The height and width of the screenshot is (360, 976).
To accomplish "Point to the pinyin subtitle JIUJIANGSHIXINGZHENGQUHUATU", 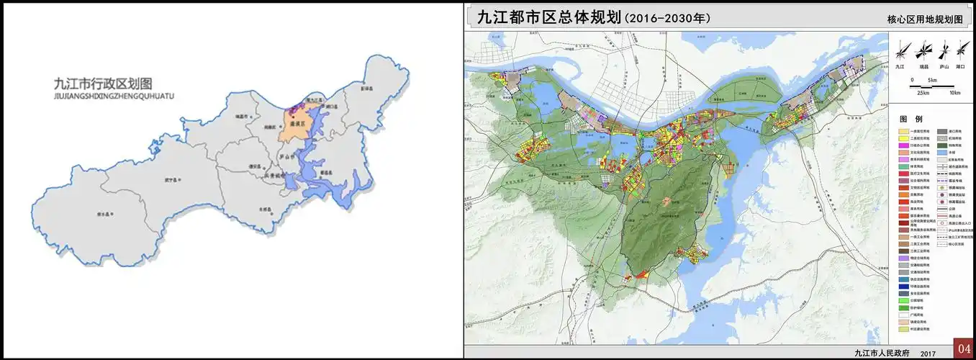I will point(114,95).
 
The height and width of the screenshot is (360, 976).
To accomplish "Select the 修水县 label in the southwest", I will point(106,215).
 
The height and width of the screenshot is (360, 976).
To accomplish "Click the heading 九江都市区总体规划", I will point(543,17).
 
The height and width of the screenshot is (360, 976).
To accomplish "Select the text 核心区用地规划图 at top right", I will point(924,20).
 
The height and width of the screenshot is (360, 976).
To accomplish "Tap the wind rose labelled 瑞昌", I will point(923,52).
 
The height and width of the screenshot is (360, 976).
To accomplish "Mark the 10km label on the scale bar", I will point(954,92).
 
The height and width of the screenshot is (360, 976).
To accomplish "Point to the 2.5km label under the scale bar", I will point(922,93).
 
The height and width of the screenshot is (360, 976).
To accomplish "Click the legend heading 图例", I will point(906,119).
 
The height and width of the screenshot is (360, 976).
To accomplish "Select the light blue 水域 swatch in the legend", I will point(943,153).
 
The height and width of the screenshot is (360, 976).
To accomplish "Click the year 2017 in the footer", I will point(927,353).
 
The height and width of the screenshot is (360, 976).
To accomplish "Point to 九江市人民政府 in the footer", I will point(882,353).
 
